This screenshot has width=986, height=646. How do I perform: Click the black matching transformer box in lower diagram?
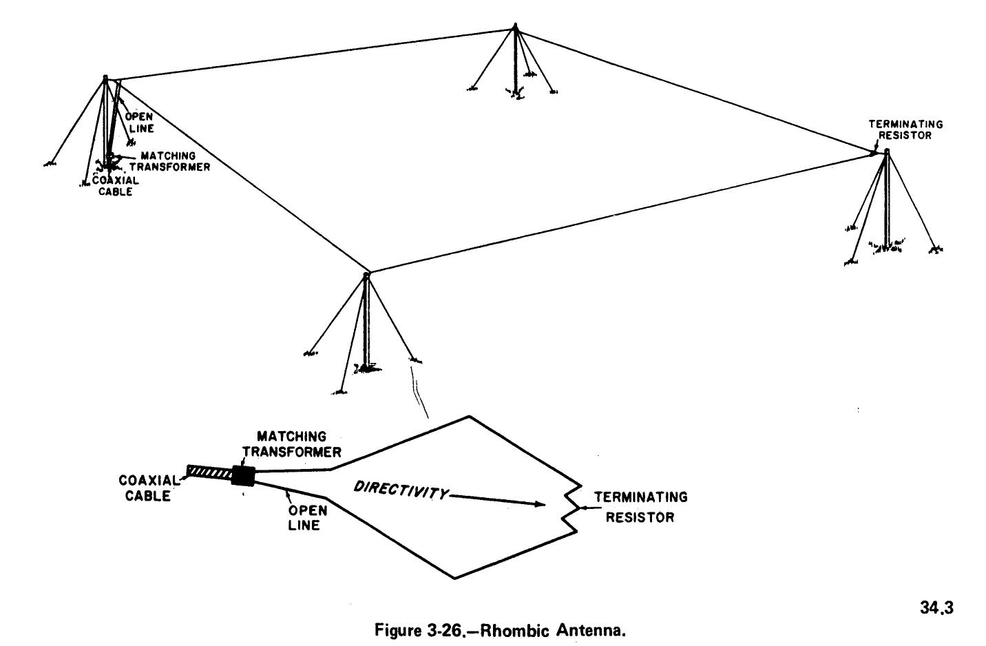(243, 475)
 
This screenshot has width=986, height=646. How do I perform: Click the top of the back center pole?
(514, 28)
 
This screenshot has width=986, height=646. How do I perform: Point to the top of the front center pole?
(366, 274)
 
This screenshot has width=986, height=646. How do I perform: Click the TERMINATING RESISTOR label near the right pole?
(905, 129)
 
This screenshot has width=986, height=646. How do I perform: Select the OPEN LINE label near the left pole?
(139, 123)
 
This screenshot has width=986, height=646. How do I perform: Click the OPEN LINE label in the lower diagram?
(304, 518)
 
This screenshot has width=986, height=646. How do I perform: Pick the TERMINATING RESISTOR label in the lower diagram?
(640, 507)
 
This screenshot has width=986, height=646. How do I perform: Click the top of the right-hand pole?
(887, 151)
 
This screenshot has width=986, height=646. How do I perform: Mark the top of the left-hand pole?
(105, 78)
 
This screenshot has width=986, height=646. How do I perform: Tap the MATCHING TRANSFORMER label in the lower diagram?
(300, 444)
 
